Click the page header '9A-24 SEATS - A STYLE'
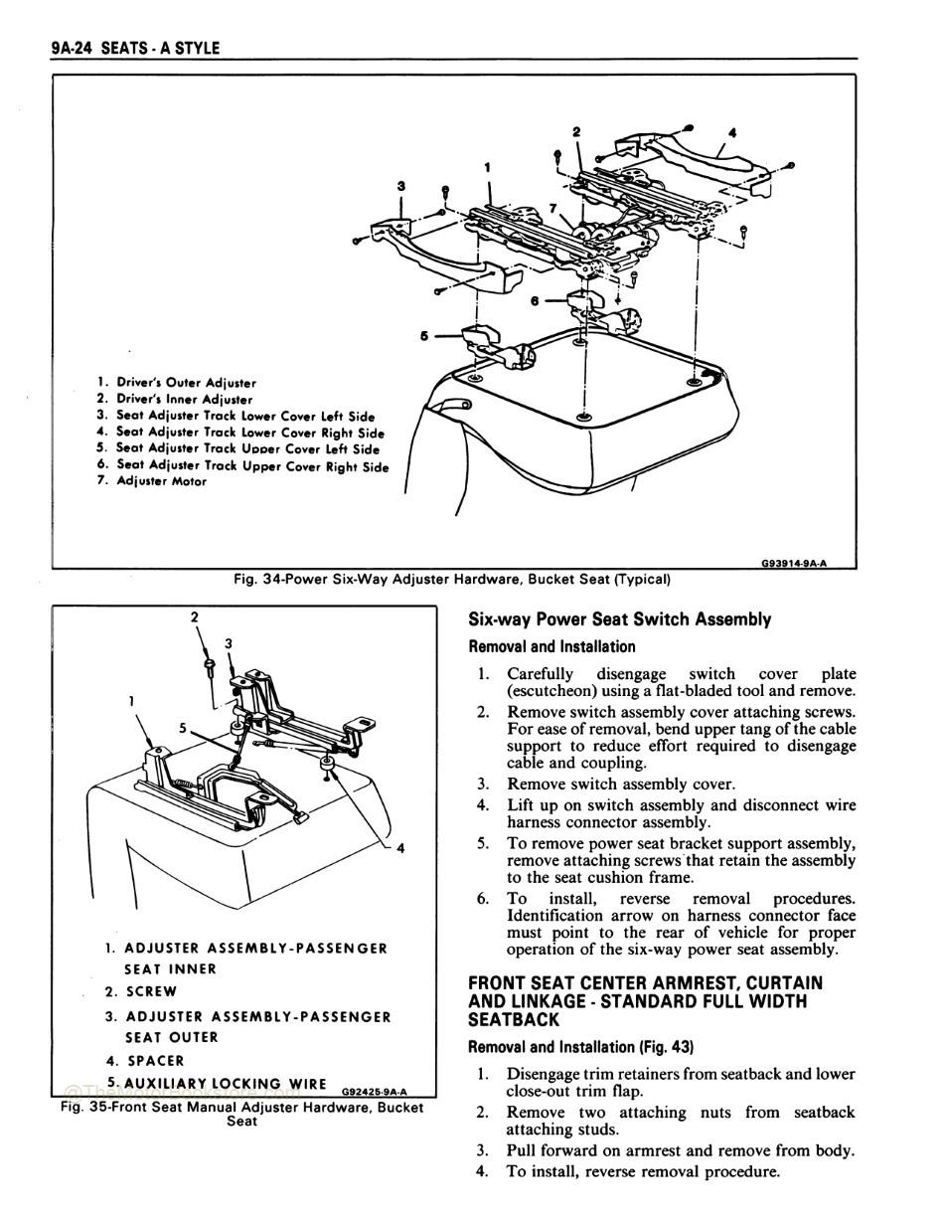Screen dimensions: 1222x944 pos(135,48)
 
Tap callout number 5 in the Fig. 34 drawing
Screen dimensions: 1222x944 pos(424,335)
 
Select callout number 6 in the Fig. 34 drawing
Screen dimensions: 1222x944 pos(535,299)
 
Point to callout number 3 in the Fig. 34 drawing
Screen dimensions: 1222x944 pos(400,185)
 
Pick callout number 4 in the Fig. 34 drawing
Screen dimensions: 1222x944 pos(732,131)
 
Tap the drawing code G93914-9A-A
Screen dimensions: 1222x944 pos(793,563)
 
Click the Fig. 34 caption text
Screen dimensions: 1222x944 pos(452,579)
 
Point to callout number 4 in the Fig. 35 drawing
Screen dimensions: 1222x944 pos(400,848)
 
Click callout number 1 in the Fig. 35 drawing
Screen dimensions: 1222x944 pos(132,701)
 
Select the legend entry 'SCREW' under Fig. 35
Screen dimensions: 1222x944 pos(151,991)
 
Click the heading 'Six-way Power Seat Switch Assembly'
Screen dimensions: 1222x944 pos(619,619)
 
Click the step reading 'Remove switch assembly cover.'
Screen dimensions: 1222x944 pos(620,784)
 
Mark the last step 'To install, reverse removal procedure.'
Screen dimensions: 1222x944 pos(642,1171)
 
